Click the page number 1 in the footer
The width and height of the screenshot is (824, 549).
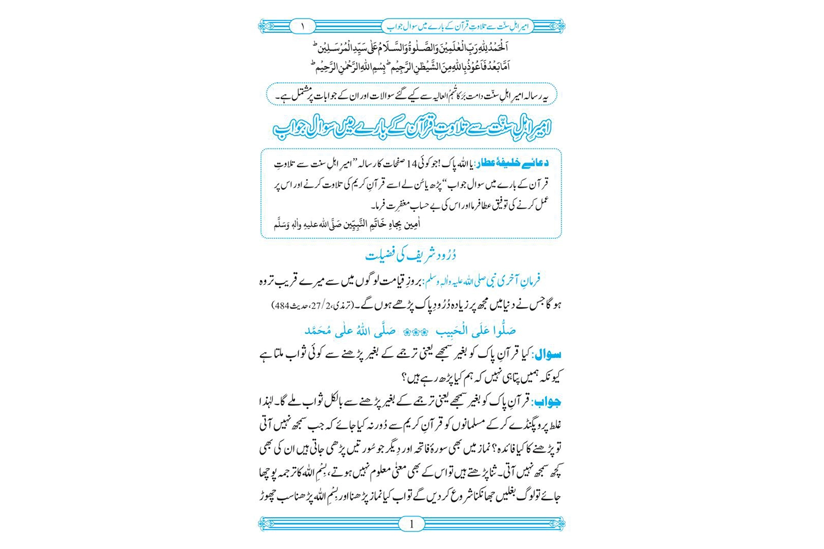pos(411,524)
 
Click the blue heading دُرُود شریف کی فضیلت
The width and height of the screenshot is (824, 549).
pos(411,255)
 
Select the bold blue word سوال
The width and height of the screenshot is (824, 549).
pos(548,354)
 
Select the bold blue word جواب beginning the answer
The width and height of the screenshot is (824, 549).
pos(548,402)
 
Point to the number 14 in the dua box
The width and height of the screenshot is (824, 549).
pos(413,164)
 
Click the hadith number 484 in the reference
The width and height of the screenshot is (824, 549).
pos(281,305)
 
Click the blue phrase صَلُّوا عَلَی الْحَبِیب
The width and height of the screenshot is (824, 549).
pos(476,331)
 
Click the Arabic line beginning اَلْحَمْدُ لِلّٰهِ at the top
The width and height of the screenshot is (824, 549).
pos(411,46)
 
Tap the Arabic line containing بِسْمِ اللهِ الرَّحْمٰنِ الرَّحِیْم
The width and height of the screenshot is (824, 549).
pos(352,66)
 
